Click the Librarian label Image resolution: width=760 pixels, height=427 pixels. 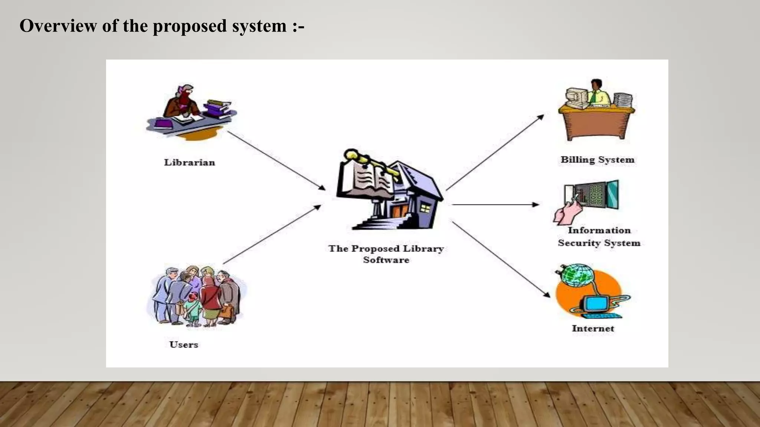(189, 162)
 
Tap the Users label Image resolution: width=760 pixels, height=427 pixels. (183, 344)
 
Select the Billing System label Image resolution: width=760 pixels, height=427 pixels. (597, 160)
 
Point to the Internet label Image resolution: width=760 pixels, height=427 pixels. (593, 328)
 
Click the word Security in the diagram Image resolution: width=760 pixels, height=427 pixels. (579, 243)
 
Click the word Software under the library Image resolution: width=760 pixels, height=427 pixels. (386, 260)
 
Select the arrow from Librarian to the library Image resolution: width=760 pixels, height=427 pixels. (276, 160)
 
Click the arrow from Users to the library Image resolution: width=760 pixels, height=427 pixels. (272, 234)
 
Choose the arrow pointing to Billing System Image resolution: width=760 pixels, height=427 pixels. (495, 152)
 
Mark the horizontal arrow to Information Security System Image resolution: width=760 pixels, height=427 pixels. (495, 205)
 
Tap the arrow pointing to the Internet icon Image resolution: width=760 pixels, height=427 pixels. (501, 259)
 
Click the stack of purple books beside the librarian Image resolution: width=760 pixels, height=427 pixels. (217, 109)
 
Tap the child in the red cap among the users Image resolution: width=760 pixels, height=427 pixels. (193, 306)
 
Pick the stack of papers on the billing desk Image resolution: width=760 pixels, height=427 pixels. (623, 100)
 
